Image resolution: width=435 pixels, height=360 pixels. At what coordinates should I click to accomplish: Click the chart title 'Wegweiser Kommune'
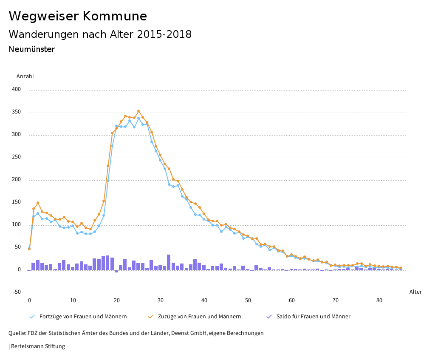pyautogui.click(x=78, y=16)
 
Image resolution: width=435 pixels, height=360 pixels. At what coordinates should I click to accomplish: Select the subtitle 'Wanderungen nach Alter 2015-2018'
pyautogui.click(x=100, y=34)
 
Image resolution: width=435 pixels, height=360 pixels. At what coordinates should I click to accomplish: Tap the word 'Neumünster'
pyautogui.click(x=32, y=49)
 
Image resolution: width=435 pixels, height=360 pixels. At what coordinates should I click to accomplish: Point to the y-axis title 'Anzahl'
pyautogui.click(x=25, y=77)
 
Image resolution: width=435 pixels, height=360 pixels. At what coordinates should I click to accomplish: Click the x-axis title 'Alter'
pyautogui.click(x=415, y=292)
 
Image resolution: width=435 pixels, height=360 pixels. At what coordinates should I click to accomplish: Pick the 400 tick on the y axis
pyautogui.click(x=16, y=90)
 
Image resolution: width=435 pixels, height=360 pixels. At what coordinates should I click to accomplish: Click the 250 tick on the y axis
pyautogui.click(x=16, y=157)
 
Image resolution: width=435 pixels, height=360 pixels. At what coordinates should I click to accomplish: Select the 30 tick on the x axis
pyautogui.click(x=161, y=300)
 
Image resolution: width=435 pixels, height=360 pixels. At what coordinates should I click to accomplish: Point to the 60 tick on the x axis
pyautogui.click(x=292, y=300)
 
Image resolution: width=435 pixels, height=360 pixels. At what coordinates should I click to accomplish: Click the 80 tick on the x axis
pyautogui.click(x=379, y=300)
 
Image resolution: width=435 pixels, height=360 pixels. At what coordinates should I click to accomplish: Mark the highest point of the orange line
pyautogui.click(x=138, y=111)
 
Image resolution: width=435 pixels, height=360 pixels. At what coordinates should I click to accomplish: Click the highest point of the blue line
pyautogui.click(x=138, y=118)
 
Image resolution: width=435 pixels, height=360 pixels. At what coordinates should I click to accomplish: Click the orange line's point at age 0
pyautogui.click(x=29, y=249)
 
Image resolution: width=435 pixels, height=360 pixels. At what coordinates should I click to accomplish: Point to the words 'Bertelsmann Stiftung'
pyautogui.click(x=38, y=346)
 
